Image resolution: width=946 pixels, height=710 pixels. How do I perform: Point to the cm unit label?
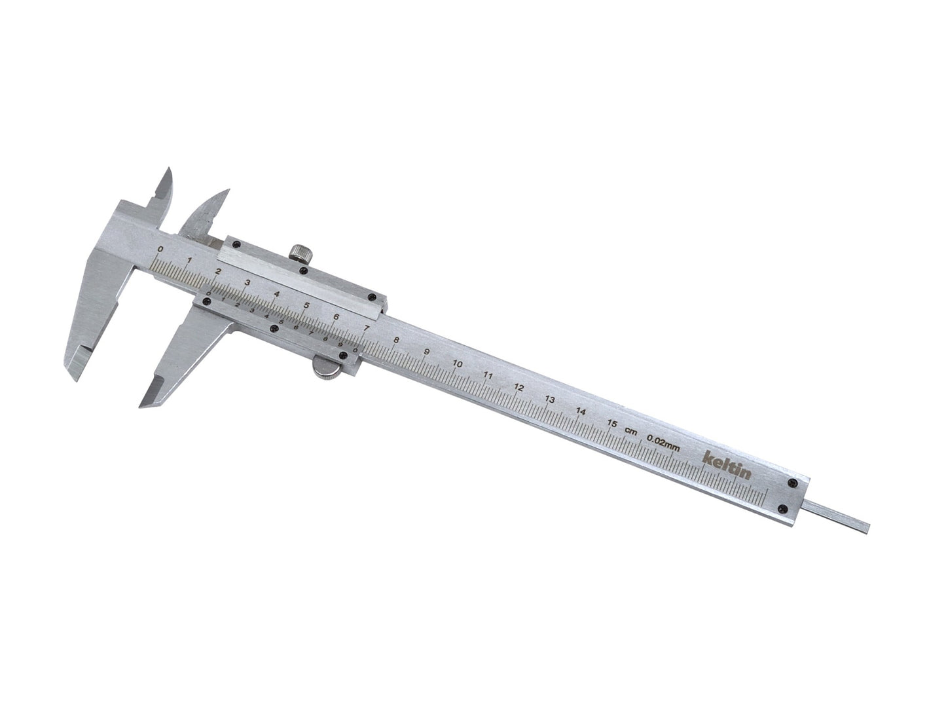pyautogui.click(x=631, y=430)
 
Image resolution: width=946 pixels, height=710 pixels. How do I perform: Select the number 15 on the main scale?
pyautogui.click(x=612, y=424)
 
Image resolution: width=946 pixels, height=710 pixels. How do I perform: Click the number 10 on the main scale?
pyautogui.click(x=458, y=364)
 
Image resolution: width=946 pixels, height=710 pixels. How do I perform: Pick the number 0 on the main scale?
pyautogui.click(x=161, y=250)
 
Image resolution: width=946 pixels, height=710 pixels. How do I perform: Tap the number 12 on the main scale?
pyautogui.click(x=518, y=388)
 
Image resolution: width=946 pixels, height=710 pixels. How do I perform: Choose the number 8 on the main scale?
pyautogui.click(x=396, y=340)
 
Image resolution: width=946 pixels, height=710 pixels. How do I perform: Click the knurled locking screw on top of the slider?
pyautogui.click(x=300, y=252)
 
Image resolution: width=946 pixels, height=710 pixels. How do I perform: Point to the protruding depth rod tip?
pyautogui.click(x=863, y=524)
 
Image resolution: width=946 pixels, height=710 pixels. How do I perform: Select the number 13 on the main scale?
pyautogui.click(x=550, y=400)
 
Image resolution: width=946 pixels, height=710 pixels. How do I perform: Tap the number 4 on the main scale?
pyautogui.click(x=276, y=295)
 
